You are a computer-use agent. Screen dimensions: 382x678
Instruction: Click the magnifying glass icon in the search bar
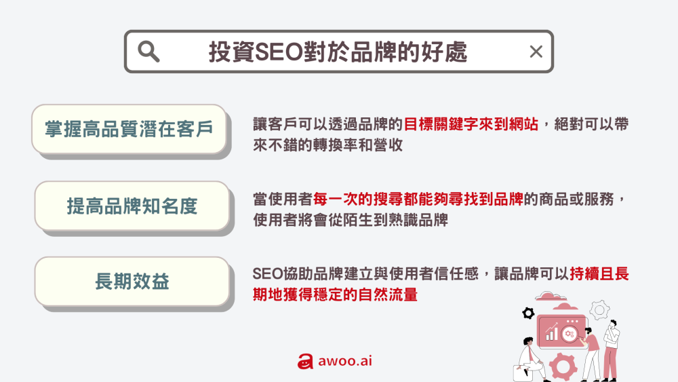(x=148, y=52)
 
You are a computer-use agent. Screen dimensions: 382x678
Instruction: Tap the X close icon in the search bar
(x=536, y=52)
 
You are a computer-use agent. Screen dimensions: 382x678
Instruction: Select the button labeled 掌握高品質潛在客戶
(x=129, y=129)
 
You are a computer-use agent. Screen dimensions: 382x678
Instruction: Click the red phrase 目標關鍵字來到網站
(x=471, y=124)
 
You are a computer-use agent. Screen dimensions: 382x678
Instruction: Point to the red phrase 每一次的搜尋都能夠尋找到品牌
(x=417, y=200)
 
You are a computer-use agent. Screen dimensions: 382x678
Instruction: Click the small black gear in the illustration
(x=527, y=313)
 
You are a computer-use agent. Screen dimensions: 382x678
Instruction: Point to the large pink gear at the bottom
(x=562, y=367)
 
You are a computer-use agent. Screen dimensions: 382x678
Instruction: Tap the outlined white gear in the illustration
(x=599, y=311)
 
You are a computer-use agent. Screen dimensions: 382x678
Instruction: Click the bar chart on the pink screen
(x=552, y=332)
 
